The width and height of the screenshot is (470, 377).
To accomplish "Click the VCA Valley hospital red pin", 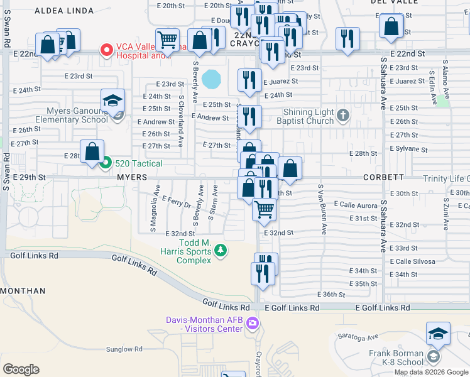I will pos(107,48).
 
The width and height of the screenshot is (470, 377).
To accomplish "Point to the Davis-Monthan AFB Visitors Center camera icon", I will pos(253,324).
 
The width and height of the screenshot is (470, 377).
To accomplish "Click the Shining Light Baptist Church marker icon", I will pos(342,115).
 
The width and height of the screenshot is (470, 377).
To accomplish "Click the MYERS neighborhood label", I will pos(131,178).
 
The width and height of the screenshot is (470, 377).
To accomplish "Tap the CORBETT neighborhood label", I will pos(383,178).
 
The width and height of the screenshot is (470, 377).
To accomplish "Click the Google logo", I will pos(21,369).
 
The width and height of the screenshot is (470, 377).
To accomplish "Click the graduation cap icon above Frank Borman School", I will pos(438,333).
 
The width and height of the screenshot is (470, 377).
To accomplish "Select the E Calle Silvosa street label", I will pos(412,261).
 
